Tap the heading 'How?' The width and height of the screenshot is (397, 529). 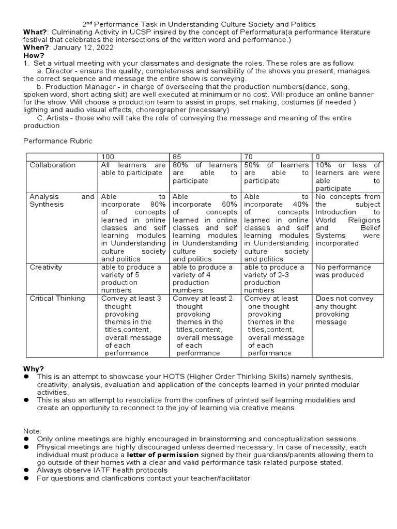33,55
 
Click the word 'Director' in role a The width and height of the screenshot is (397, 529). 60,71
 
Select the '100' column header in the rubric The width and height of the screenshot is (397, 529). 107,157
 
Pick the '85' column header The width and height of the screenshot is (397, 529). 177,157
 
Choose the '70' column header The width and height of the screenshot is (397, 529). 249,157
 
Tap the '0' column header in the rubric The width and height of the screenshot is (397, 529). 317,157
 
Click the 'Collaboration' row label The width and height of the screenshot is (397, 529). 52,165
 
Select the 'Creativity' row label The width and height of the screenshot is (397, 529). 45,267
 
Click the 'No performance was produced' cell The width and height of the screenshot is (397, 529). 343,271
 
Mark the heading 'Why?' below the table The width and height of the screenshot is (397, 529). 34,368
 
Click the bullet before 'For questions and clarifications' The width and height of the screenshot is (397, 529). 26,479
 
